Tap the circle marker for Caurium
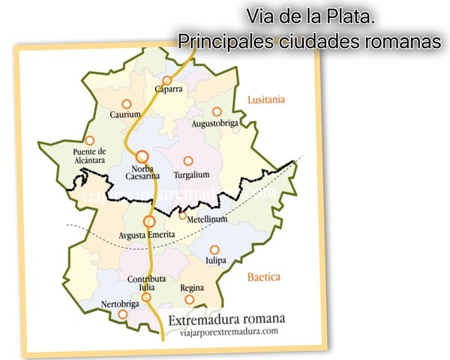click(x=126, y=103)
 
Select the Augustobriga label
click(x=216, y=122)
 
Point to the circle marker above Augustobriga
click(x=217, y=111)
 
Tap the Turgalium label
click(x=191, y=174)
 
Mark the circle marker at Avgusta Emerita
click(x=149, y=221)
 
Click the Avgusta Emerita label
click(x=148, y=235)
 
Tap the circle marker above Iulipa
click(x=214, y=250)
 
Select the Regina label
click(x=193, y=287)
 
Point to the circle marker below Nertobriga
click(x=122, y=315)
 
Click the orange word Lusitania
click(x=268, y=99)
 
